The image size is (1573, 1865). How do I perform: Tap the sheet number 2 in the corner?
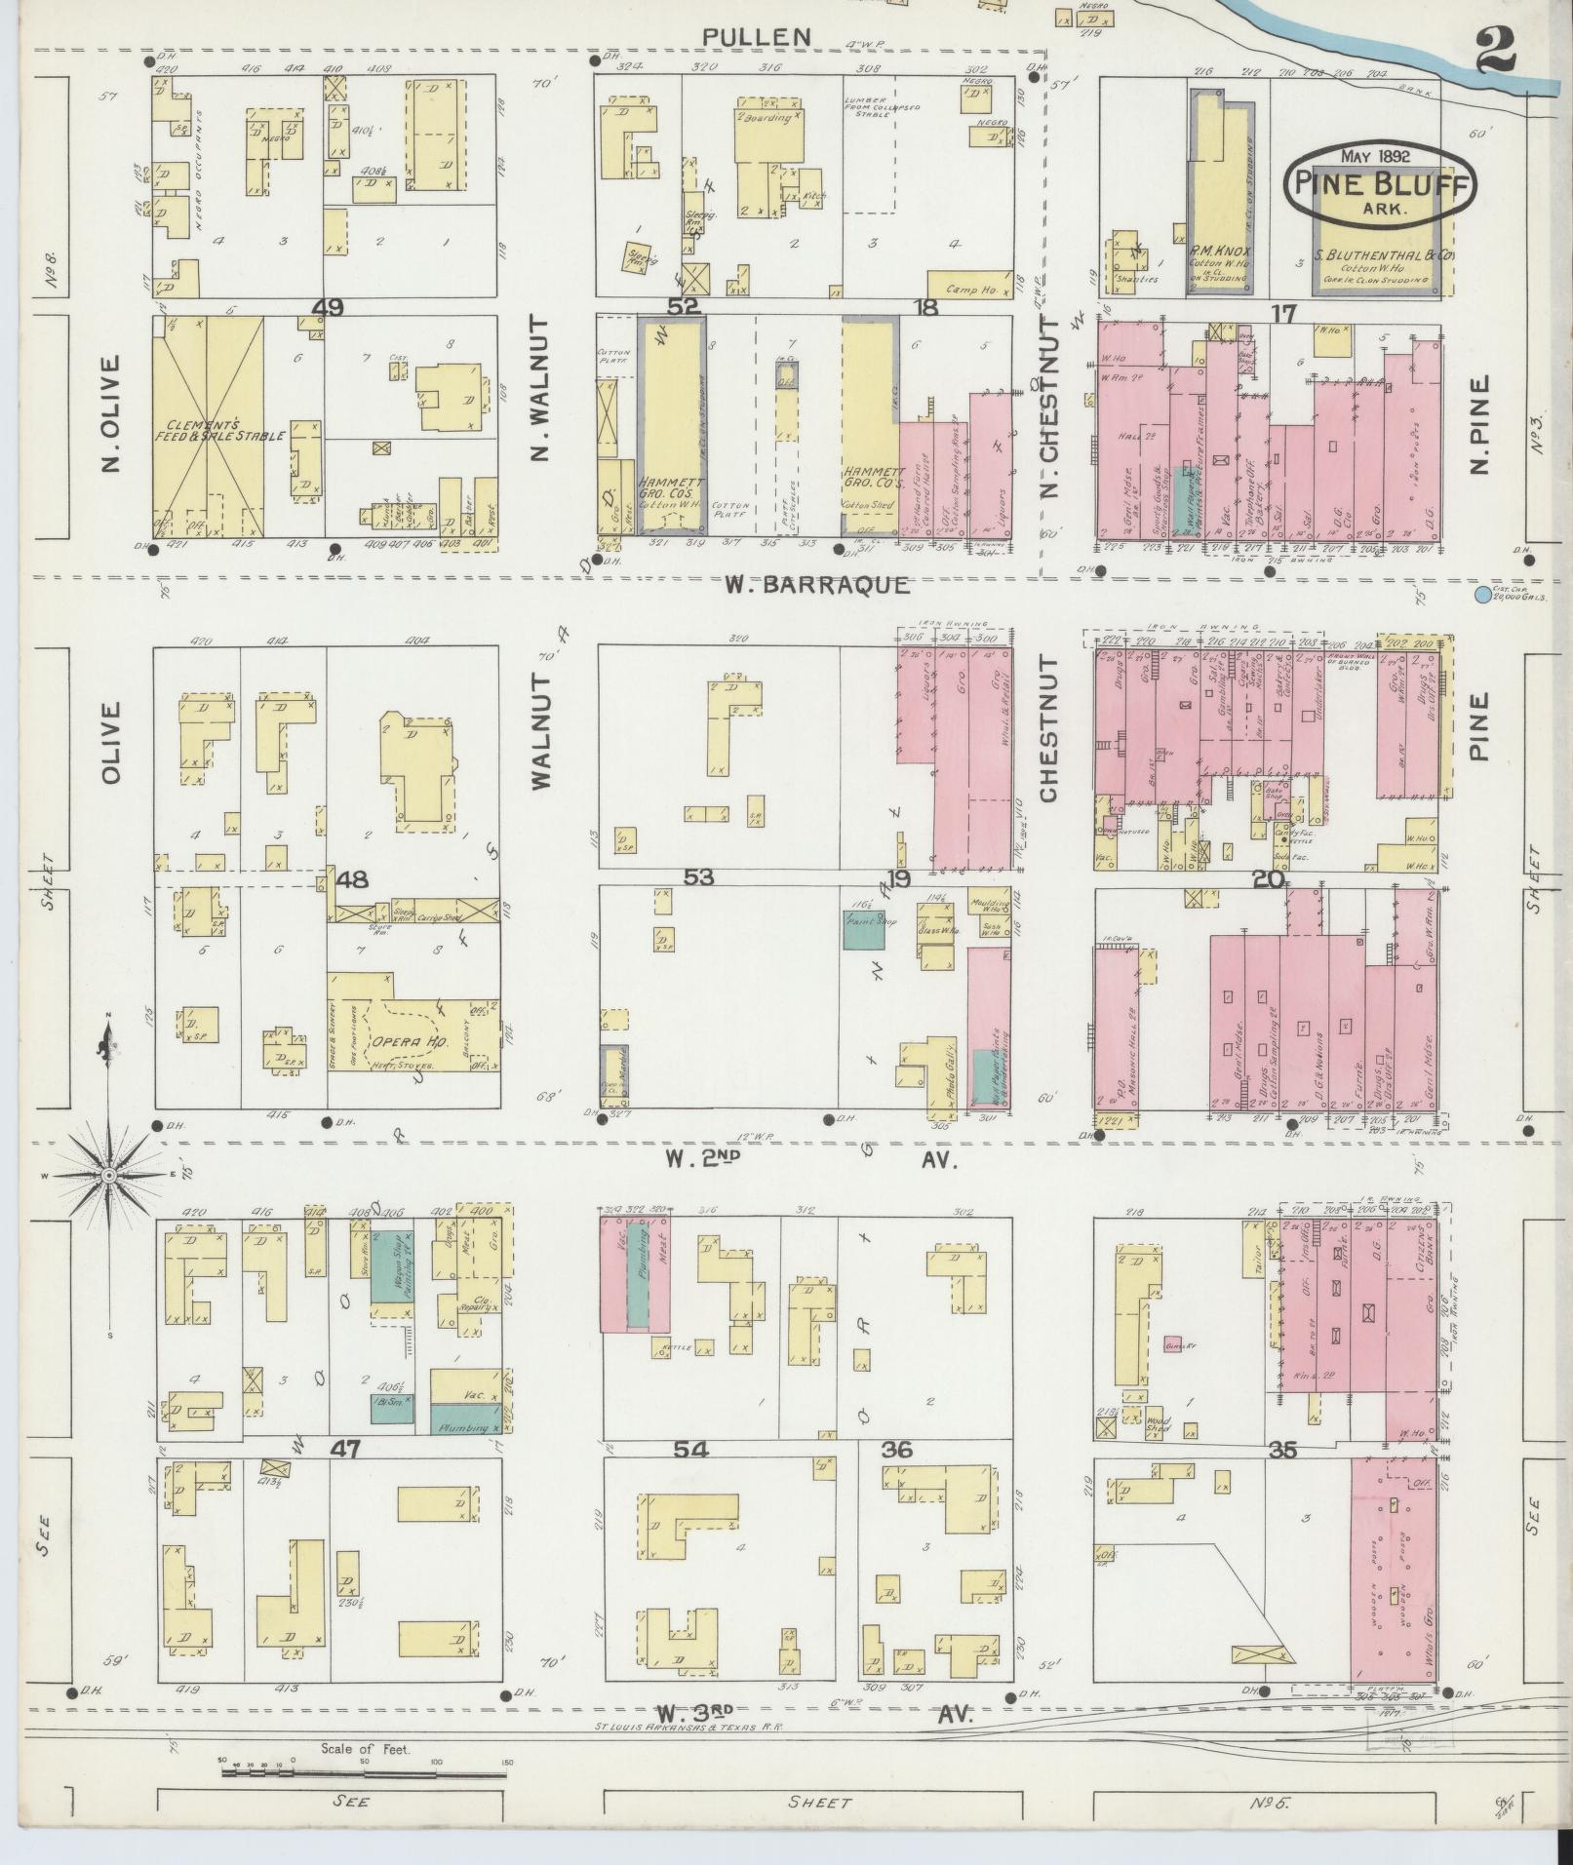pos(1495,51)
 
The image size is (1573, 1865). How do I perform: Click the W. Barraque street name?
pos(817,585)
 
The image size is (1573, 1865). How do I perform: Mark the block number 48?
pos(352,880)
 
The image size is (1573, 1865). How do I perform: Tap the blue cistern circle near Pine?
pos(1483,594)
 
